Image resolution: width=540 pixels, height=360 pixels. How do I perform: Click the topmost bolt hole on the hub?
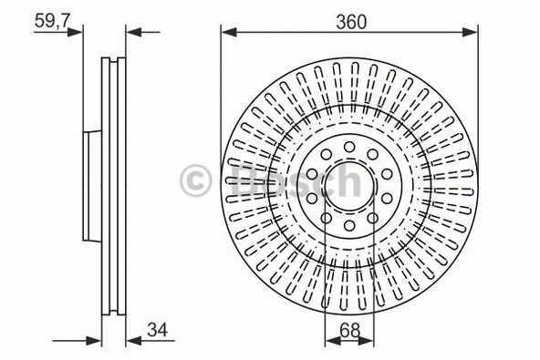(349, 146)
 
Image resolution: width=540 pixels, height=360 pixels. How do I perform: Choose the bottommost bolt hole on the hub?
(349, 224)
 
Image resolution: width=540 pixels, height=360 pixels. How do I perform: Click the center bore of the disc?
(349, 185)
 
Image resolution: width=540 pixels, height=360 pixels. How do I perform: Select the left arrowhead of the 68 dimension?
(329, 340)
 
